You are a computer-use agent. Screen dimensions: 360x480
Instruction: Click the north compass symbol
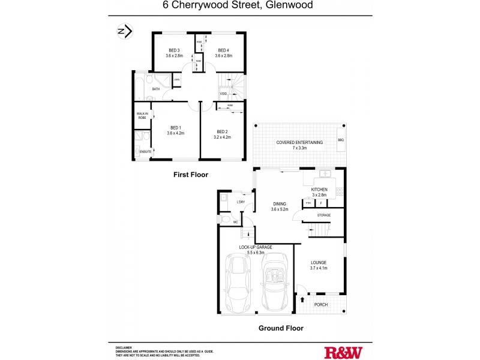coord(124,31)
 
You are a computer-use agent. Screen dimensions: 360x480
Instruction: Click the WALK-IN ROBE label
coord(142,115)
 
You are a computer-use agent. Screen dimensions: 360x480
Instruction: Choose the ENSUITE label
coord(145,152)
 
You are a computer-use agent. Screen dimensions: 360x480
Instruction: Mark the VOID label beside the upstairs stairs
coord(223,94)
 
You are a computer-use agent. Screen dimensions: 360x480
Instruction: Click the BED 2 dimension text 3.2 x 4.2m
coord(222,137)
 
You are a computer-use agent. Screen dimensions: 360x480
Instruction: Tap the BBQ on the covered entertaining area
coord(341,140)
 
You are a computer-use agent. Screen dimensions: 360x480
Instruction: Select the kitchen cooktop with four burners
coord(340,192)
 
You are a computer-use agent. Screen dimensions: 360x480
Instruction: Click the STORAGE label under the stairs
coord(324,214)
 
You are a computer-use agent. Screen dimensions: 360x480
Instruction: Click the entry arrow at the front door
coord(302,298)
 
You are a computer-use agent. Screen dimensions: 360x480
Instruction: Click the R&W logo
coord(343,352)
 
